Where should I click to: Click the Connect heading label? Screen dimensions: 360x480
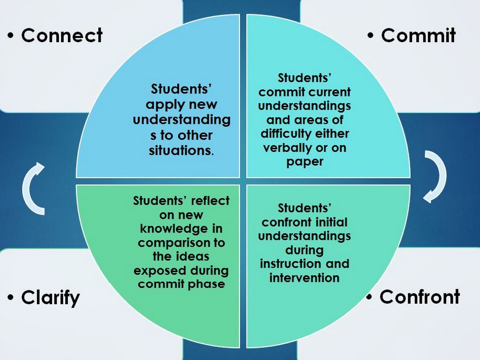pos(62,36)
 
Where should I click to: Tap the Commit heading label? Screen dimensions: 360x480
pos(418,36)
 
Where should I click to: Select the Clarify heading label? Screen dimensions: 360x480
pos(51,298)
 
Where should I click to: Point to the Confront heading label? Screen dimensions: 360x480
pos(420,297)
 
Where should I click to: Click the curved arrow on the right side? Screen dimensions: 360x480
pos(434,176)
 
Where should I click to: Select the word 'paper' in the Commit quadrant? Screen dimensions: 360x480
pos(305,162)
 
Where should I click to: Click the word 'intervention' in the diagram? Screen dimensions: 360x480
pos(304,277)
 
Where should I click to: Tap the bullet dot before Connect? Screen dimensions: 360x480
pos(11,36)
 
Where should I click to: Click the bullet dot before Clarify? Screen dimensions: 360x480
pos(11,298)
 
